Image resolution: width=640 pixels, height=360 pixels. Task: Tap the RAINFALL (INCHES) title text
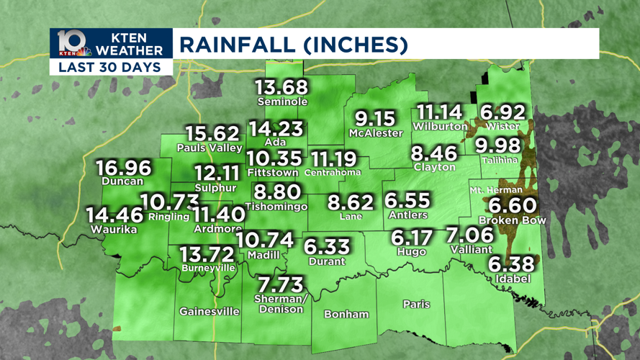(294, 45)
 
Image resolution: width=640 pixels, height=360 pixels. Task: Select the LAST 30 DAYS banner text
(111, 68)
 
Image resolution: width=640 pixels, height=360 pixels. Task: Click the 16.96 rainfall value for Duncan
(124, 168)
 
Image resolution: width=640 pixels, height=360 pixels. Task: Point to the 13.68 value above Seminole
(281, 87)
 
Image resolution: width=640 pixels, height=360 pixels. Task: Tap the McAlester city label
(375, 133)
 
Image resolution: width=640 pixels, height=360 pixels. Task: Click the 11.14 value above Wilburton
(437, 112)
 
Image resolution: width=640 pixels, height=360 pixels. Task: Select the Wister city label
(502, 127)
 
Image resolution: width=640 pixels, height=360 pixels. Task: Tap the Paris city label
(416, 304)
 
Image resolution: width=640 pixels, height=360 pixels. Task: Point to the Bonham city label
(346, 314)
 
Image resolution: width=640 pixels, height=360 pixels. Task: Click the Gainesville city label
(209, 312)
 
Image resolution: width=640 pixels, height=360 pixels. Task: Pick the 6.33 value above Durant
(327, 246)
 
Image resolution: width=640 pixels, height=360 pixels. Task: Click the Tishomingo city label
(276, 207)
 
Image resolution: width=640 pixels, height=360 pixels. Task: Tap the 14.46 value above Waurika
(114, 215)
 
